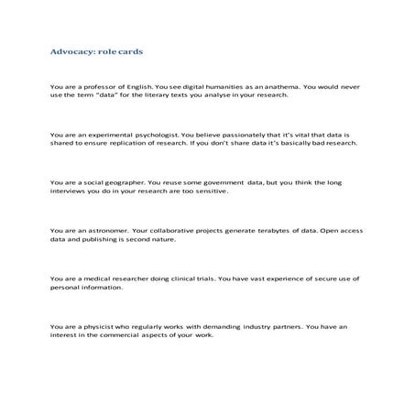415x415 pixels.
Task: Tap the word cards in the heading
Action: coord(128,52)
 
